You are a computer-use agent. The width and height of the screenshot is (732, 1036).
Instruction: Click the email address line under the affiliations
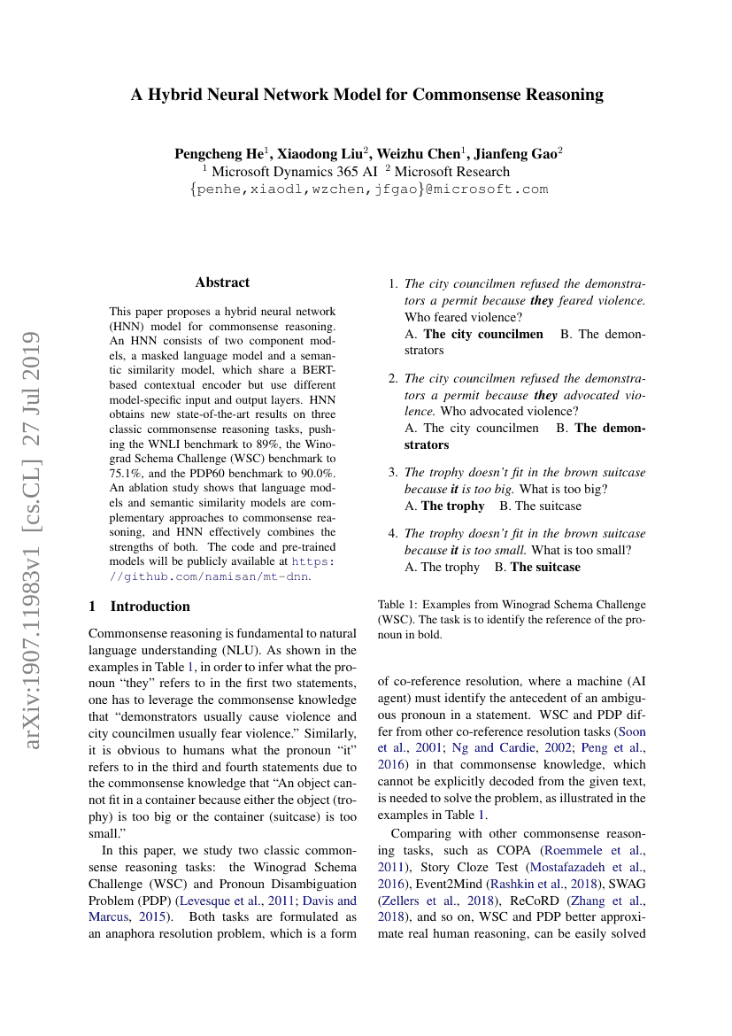pyautogui.click(x=368, y=189)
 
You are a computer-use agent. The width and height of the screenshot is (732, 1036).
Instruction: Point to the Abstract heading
pyautogui.click(x=222, y=282)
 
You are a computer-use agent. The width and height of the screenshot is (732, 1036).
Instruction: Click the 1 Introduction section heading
pyautogui.click(x=140, y=607)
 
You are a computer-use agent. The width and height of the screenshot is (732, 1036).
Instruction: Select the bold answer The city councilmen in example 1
pyautogui.click(x=483, y=334)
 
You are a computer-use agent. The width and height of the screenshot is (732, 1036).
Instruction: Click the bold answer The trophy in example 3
pyautogui.click(x=453, y=506)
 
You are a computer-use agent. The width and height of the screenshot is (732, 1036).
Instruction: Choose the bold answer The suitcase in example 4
pyautogui.click(x=545, y=567)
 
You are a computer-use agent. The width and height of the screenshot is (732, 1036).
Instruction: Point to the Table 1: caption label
pyautogui.click(x=401, y=605)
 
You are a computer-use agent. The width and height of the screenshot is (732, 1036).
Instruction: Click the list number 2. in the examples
pyautogui.click(x=394, y=378)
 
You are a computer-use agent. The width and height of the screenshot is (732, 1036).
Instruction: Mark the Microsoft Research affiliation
pyautogui.click(x=452, y=172)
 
